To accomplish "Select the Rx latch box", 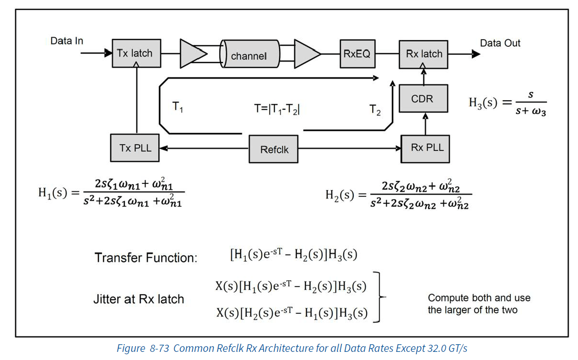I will (424, 54).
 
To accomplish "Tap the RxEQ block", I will (357, 54).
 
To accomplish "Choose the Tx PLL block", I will (135, 148).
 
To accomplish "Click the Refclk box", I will (274, 149).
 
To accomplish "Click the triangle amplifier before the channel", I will (191, 53).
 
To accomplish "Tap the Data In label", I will (67, 41).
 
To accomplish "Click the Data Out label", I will (500, 43).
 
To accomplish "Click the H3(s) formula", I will (507, 103).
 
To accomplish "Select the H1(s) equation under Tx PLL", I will (111, 194).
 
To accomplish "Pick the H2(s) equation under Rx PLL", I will (399, 195).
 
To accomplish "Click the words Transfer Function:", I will (146, 258).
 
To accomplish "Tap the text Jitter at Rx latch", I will (138, 299).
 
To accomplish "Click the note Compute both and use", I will (479, 298).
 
